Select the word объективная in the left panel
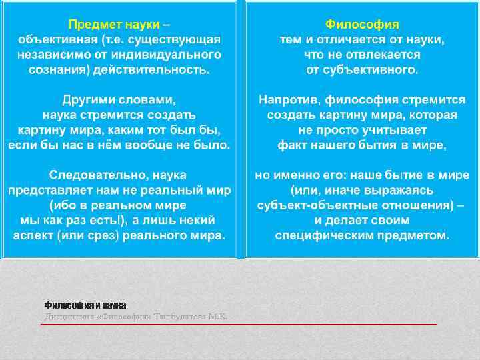53,39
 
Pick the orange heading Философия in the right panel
362,25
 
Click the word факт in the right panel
291,145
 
